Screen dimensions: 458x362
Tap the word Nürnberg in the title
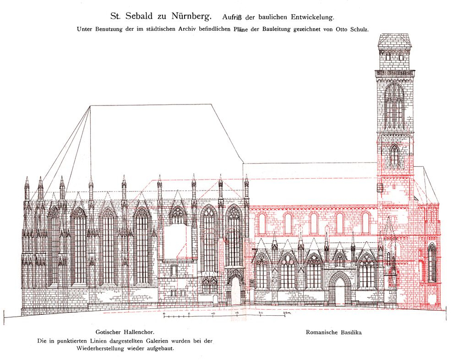click(191, 16)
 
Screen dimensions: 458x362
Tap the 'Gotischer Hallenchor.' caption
click(125, 332)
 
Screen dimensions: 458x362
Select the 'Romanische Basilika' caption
click(333, 332)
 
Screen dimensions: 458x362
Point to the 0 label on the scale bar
click(164, 314)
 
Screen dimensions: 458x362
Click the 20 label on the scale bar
click(261, 313)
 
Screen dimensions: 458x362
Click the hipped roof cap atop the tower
click(395, 40)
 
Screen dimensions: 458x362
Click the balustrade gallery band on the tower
click(395, 73)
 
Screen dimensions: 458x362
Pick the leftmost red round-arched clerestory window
click(262, 223)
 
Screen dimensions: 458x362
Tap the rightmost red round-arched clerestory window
click(365, 223)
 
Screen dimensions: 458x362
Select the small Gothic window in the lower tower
click(395, 155)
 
